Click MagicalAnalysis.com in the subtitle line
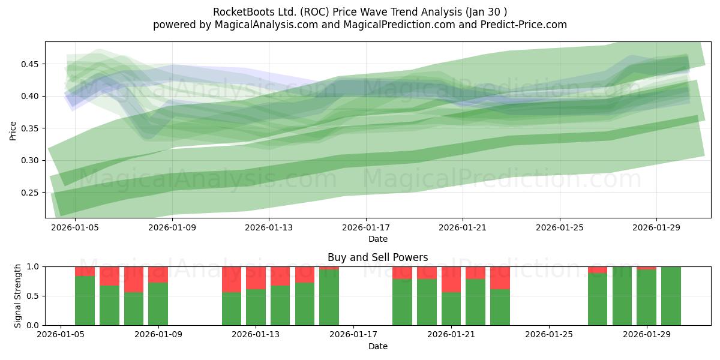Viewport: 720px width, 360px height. pyautogui.click(x=266, y=25)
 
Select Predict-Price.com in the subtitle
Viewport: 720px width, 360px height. pyautogui.click(x=524, y=25)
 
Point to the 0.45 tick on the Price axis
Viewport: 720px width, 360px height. pyautogui.click(x=29, y=64)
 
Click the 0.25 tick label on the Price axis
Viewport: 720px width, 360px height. pyautogui.click(x=29, y=193)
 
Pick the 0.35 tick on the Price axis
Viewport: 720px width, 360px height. pyautogui.click(x=29, y=128)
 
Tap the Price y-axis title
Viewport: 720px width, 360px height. pyautogui.click(x=13, y=131)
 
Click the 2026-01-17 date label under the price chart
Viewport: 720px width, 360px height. pyautogui.click(x=366, y=227)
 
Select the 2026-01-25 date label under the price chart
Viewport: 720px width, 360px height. pyautogui.click(x=560, y=227)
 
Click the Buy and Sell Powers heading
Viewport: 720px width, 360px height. pyautogui.click(x=377, y=257)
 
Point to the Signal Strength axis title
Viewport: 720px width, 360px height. pyautogui.click(x=17, y=296)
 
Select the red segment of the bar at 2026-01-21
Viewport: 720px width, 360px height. pyautogui.click(x=451, y=280)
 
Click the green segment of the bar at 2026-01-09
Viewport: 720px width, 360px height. pyautogui.click(x=158, y=304)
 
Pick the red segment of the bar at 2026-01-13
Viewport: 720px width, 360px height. pyautogui.click(x=256, y=278)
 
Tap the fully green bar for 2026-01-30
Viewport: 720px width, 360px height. pyautogui.click(x=671, y=296)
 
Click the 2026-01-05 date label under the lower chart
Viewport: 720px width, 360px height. pyautogui.click(x=61, y=334)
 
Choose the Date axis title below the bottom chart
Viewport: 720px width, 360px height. pyautogui.click(x=377, y=346)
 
